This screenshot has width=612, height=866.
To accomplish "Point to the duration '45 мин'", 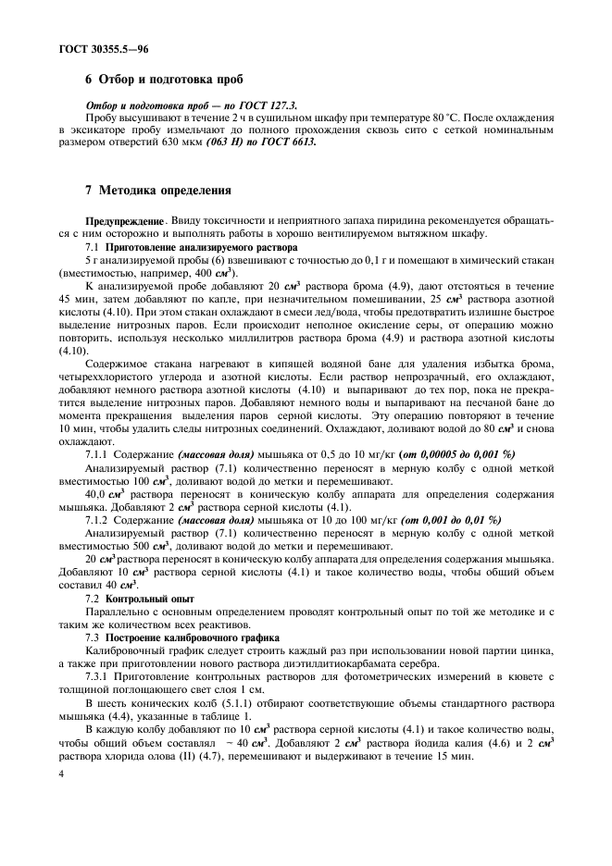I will [x=73, y=302].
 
